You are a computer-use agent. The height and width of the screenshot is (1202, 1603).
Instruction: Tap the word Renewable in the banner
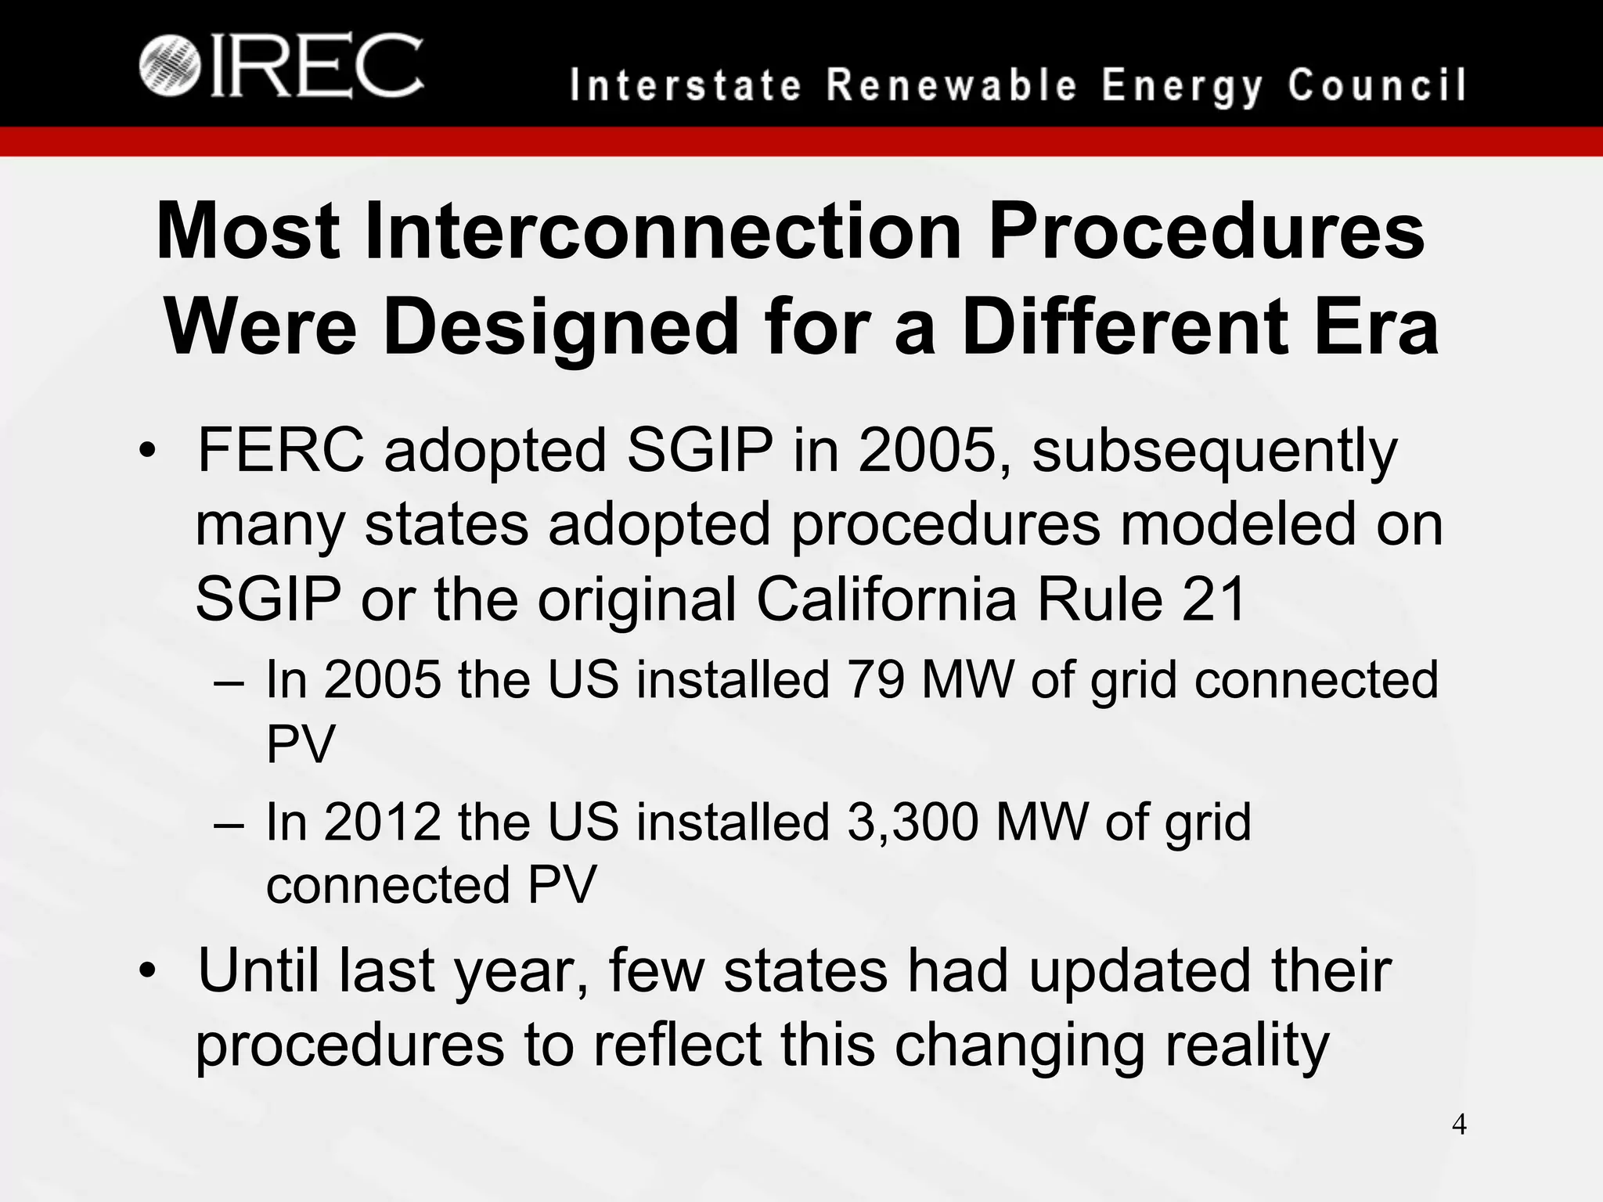click(952, 85)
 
